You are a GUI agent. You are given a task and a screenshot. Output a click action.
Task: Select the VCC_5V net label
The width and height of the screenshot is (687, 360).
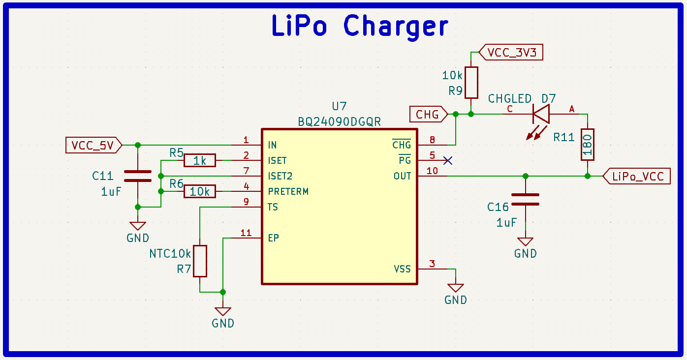pyautogui.click(x=93, y=145)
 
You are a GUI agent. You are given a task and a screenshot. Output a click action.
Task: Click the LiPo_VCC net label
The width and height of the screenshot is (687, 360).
pyautogui.click(x=638, y=176)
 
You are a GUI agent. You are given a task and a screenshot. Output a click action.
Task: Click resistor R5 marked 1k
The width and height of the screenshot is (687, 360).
pyautogui.click(x=200, y=160)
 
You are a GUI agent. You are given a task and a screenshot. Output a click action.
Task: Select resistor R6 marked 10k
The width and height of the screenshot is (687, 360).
pyautogui.click(x=200, y=191)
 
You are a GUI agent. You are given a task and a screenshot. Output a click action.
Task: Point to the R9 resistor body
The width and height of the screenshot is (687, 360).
pyautogui.click(x=471, y=83)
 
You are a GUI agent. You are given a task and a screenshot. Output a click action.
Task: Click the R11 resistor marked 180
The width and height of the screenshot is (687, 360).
pyautogui.click(x=587, y=145)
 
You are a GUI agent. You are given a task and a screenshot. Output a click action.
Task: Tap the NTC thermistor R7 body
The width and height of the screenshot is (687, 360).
pyautogui.click(x=200, y=261)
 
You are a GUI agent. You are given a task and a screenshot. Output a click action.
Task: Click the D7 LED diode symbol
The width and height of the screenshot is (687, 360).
pyautogui.click(x=540, y=115)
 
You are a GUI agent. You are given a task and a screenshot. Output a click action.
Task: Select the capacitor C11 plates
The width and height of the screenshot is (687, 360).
pyautogui.click(x=138, y=176)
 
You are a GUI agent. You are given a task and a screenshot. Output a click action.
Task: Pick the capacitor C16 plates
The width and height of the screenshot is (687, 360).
pyautogui.click(x=525, y=199)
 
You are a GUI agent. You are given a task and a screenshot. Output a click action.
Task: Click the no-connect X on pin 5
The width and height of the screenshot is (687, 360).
pyautogui.click(x=448, y=160)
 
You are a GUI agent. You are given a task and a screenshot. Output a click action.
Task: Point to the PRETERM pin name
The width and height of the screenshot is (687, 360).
pyautogui.click(x=288, y=191)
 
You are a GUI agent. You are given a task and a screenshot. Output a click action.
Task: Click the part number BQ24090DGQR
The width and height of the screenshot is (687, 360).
pyautogui.click(x=339, y=121)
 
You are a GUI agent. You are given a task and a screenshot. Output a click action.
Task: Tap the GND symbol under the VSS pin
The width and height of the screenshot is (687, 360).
pyautogui.click(x=456, y=287)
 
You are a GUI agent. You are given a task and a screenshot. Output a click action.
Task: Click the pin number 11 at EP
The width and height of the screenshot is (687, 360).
pyautogui.click(x=246, y=233)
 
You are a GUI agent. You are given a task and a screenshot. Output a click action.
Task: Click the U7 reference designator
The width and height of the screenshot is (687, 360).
pyautogui.click(x=339, y=106)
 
